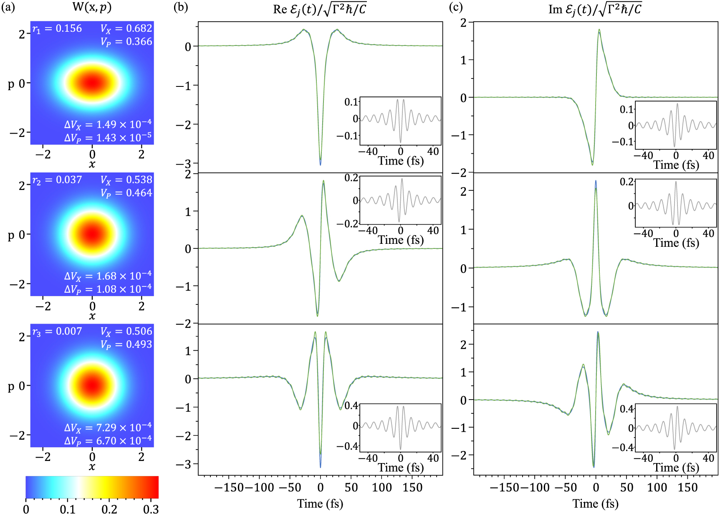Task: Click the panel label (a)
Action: coord(8,8)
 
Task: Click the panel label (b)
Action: coord(180,8)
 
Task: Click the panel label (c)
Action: coord(456,8)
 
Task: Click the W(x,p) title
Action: coord(92,8)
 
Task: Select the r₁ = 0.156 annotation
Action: coord(57,28)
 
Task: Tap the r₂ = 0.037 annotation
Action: coord(57,180)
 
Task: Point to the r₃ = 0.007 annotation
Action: coord(57,332)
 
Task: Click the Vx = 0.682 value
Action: coord(126,28)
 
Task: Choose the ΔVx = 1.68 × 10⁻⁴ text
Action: coord(108,276)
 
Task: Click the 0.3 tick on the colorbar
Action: coord(151,509)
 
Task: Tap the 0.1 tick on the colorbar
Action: coord(67,509)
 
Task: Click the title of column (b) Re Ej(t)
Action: coord(320,9)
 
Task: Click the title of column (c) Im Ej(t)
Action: coord(595,9)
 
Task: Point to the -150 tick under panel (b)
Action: coord(229,487)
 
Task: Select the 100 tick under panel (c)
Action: coord(657,487)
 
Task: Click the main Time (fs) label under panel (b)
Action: coord(320,504)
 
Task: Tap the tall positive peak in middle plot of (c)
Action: coord(596,182)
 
